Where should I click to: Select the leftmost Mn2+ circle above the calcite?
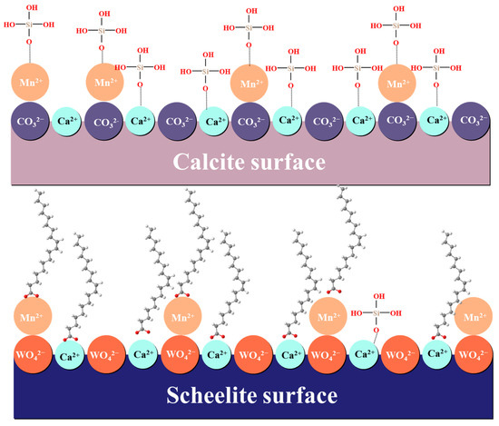tap(30, 83)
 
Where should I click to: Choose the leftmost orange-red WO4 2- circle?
tap(30, 353)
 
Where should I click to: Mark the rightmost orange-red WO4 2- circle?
tap(472, 353)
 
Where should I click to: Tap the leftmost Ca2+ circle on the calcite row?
tap(67, 121)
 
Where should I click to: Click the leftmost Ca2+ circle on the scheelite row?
tap(67, 353)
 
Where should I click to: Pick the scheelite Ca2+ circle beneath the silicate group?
tap(362, 353)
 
